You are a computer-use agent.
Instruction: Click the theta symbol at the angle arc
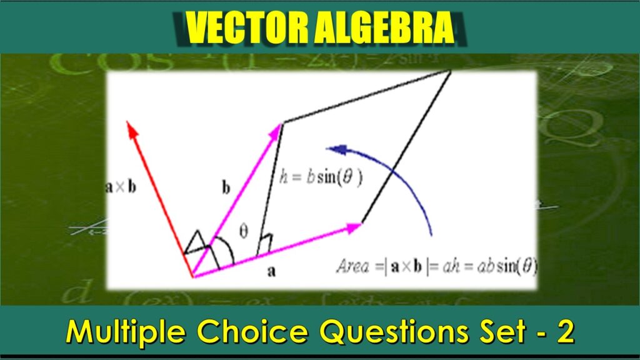[244, 231]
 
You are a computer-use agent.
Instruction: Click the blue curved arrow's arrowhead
[336, 149]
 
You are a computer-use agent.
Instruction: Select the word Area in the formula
[353, 268]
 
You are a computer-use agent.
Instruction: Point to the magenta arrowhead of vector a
[356, 227]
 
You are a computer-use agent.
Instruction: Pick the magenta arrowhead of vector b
[277, 129]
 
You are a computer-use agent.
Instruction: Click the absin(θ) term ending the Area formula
[509, 268]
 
